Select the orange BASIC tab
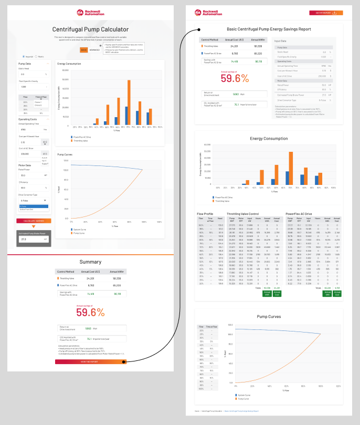tap(83, 50)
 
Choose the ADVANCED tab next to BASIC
tap(94, 50)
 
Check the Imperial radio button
tap(23, 56)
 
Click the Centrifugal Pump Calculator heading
tap(90, 29)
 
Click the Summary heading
tap(90, 262)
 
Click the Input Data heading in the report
tap(281, 40)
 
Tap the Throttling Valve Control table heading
tap(243, 214)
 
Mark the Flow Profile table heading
tap(205, 214)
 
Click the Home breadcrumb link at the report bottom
tap(197, 411)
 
